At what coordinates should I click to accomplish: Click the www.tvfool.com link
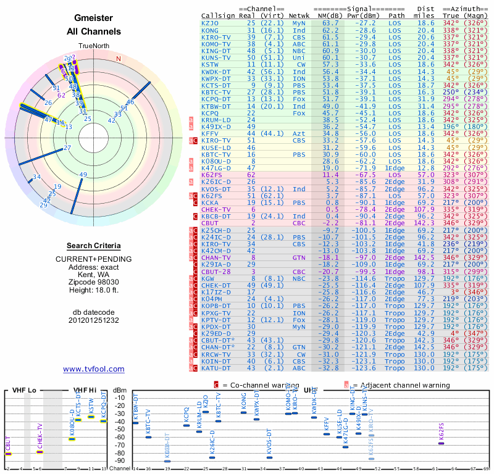93,369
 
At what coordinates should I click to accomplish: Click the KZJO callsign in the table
210,23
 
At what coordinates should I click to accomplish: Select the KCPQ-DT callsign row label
216,98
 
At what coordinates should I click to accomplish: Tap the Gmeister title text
93,19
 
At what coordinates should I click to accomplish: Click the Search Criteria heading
93,246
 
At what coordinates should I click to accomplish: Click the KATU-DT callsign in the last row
216,368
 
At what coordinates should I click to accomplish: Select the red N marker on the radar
119,59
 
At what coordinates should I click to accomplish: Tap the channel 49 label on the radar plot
83,175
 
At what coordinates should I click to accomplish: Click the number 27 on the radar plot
67,148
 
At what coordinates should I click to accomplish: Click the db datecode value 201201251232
93,320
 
